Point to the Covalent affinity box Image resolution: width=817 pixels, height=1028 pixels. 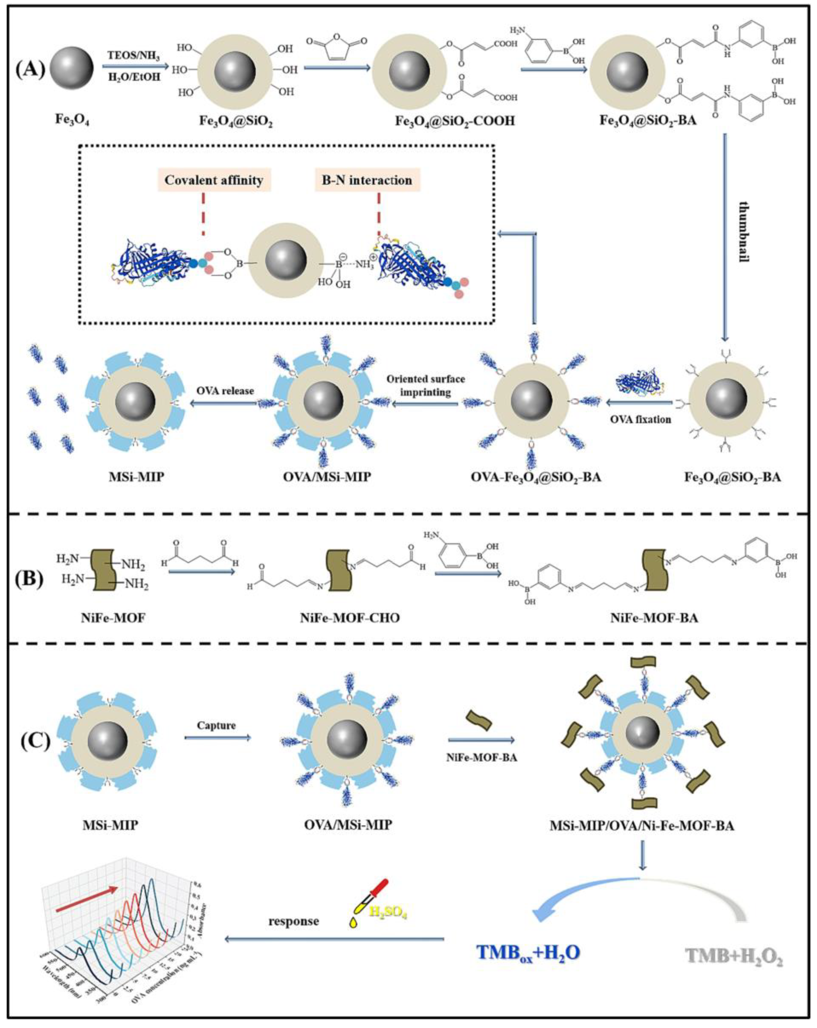(214, 180)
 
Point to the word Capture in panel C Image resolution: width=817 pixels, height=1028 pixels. (217, 725)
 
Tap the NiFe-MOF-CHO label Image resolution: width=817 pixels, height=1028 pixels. (350, 618)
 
